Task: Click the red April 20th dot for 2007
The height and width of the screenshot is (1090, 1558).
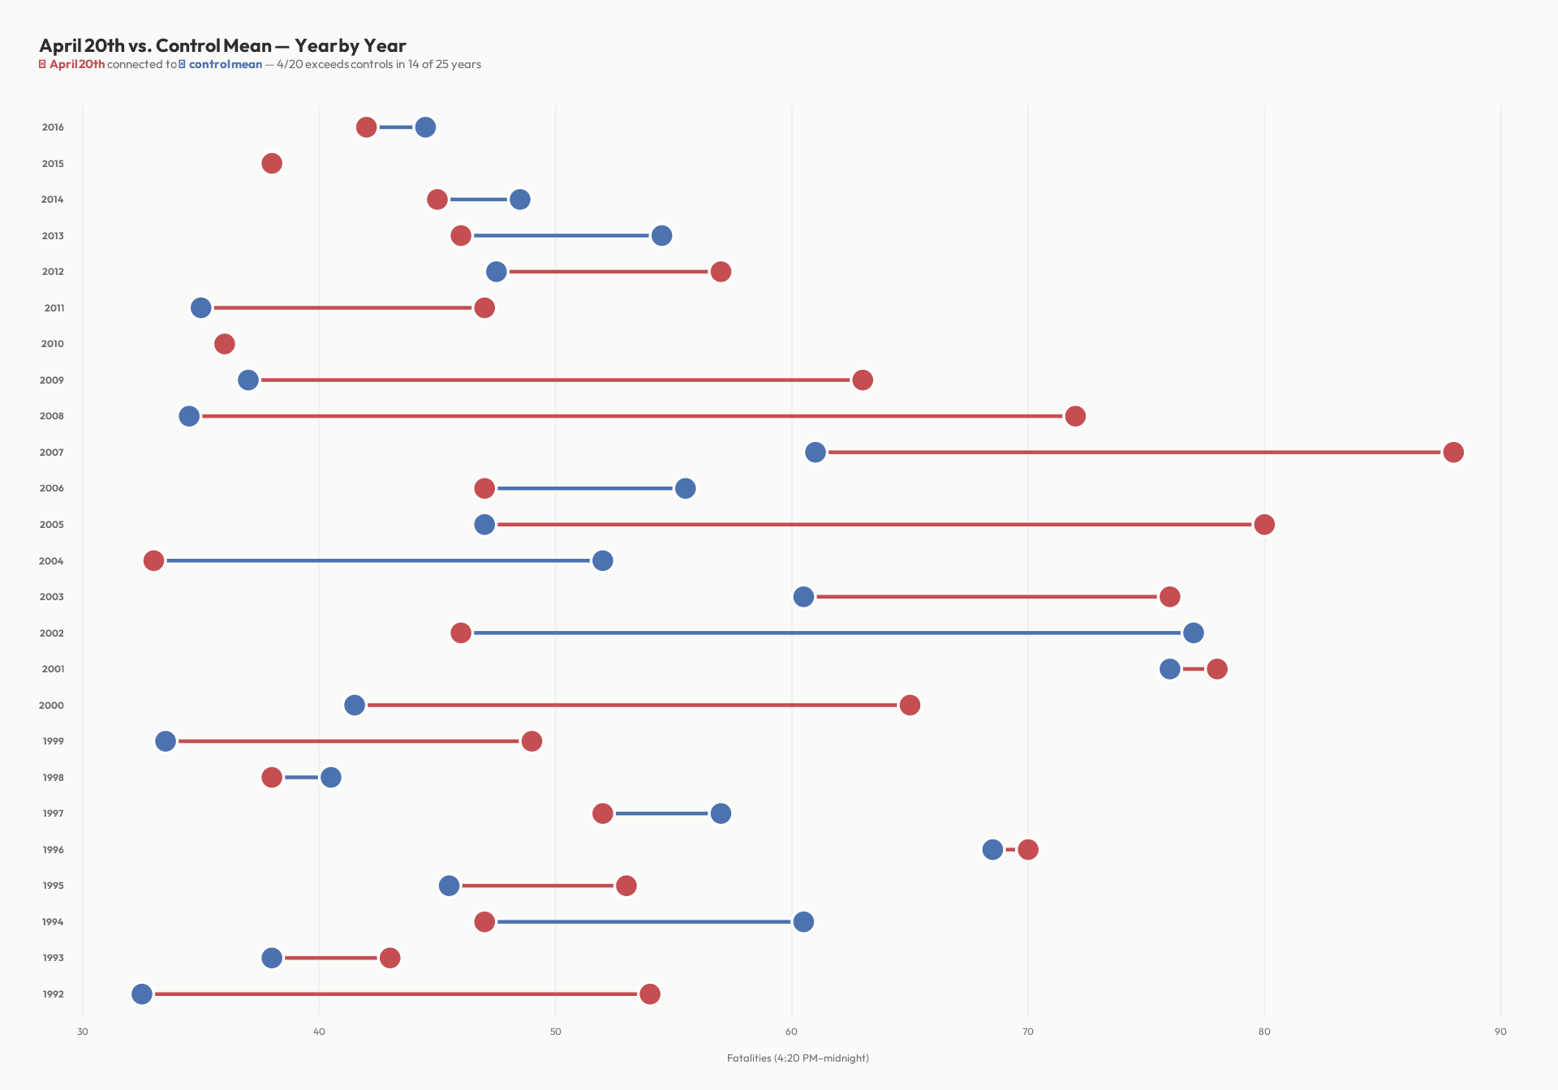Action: tap(1453, 452)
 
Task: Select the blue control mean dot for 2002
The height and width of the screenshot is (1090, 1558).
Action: tap(1193, 633)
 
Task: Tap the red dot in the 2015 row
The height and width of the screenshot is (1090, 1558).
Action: tap(272, 163)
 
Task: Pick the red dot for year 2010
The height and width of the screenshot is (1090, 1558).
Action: tap(225, 344)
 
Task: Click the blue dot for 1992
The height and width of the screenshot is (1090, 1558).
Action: tap(142, 993)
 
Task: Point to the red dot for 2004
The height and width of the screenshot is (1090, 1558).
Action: tap(153, 560)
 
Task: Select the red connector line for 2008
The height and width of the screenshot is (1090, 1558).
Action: tap(633, 416)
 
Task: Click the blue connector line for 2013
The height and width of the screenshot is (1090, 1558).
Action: tap(560, 235)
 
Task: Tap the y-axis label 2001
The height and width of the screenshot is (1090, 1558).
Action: tap(53, 669)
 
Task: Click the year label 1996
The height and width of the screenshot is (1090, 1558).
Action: tap(53, 849)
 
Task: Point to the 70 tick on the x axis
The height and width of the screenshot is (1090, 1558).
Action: tap(1027, 1032)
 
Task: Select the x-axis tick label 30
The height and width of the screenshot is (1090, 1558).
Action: tap(83, 1032)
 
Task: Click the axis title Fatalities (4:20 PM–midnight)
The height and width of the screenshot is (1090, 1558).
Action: tap(798, 1058)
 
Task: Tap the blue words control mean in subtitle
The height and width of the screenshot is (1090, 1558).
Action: tap(225, 64)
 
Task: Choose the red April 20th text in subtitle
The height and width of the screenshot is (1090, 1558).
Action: tap(77, 64)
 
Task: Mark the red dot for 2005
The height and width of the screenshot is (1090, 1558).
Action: tap(1264, 524)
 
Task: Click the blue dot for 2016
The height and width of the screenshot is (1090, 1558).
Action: tap(425, 127)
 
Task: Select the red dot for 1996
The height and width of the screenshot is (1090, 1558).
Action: tap(1028, 849)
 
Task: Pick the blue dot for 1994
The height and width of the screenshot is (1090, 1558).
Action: tap(803, 921)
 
